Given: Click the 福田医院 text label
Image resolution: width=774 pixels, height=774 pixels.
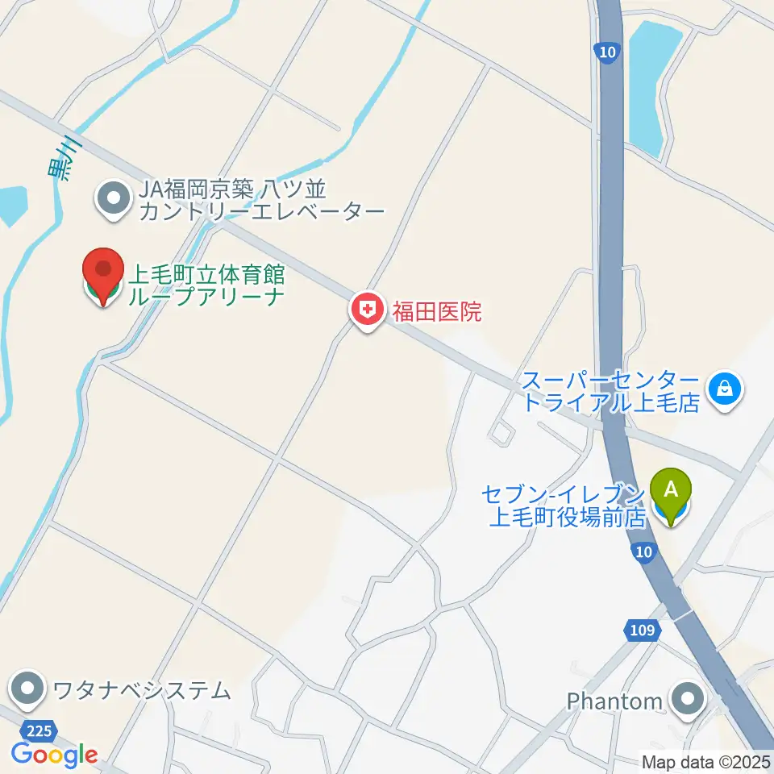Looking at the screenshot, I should coord(436,312).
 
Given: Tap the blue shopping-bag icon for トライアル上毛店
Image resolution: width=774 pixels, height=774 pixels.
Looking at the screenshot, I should coord(726,389).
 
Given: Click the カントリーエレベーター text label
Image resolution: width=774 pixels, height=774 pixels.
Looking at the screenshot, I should coord(261,213).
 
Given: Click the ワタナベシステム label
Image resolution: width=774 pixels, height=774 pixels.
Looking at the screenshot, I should coord(142,690).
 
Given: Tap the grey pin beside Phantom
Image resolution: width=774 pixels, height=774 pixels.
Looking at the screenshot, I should coord(688,699).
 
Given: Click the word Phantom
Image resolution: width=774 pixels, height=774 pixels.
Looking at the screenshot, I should coord(614,701).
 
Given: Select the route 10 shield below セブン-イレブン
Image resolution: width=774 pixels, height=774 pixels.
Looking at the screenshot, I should coord(642,549).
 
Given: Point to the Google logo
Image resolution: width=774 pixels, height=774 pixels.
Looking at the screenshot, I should coord(54,755).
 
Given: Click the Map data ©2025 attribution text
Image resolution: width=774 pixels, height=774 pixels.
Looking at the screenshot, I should coord(705,761).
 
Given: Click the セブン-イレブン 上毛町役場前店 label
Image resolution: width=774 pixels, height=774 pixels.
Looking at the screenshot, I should coord(567,505).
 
